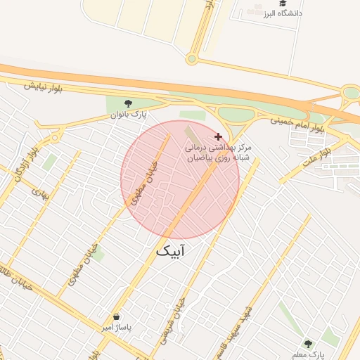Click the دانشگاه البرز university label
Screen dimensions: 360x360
click(x=283, y=13)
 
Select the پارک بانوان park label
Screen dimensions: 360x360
click(x=127, y=115)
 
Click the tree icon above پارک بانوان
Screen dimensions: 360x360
click(x=127, y=103)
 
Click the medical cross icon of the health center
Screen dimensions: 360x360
click(x=218, y=136)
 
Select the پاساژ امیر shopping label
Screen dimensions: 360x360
click(x=115, y=328)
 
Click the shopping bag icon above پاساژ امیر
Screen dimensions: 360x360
click(x=115, y=316)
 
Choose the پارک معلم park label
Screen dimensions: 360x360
click(x=307, y=354)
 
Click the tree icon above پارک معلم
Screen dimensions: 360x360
click(x=307, y=343)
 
